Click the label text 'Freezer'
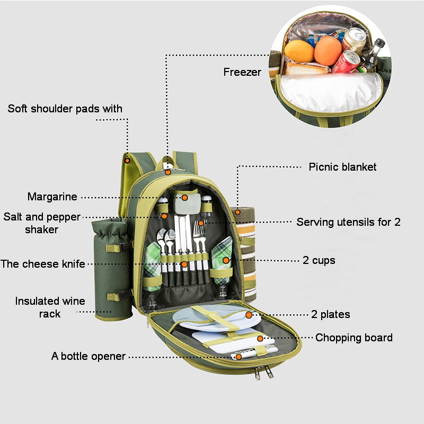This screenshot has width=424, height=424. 242,72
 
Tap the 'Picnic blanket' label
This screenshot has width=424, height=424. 342,167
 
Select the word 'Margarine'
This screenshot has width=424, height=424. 52,197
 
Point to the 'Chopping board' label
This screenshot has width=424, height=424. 354,338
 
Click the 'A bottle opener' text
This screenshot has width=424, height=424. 89,356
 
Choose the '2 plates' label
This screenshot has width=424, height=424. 326,314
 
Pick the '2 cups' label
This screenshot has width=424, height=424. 319,260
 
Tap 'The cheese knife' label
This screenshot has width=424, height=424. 43,263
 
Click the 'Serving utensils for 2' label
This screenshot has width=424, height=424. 348,222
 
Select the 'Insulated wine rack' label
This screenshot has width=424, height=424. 50,307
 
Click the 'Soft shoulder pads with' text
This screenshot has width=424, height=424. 65,109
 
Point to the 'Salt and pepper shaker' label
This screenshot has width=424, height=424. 41,223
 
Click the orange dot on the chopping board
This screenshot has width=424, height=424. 260,338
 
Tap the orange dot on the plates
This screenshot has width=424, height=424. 249,314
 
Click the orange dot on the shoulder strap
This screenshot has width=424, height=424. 128,160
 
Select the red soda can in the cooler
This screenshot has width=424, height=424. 346,62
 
